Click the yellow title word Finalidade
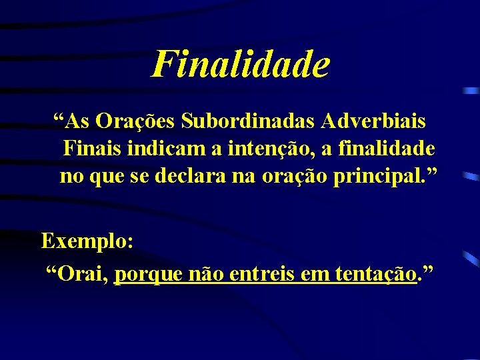[240, 65]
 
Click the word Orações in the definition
[136, 121]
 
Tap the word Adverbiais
[377, 121]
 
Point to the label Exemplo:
[87, 241]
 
